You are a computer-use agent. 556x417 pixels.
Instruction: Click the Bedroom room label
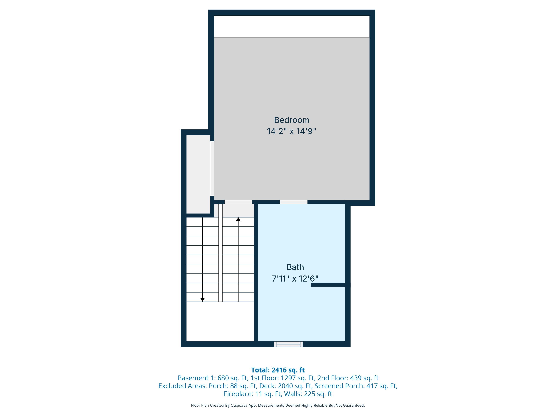click(x=292, y=120)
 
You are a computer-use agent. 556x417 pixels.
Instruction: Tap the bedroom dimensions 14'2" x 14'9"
click(x=292, y=131)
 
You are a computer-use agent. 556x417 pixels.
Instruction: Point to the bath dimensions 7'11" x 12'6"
click(x=295, y=279)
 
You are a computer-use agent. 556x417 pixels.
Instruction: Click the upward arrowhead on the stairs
click(x=238, y=219)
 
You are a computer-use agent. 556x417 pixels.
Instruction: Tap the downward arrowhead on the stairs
click(x=202, y=300)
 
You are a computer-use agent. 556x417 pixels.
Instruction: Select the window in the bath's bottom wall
click(x=288, y=344)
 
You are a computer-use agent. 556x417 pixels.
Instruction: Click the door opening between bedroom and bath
click(x=294, y=202)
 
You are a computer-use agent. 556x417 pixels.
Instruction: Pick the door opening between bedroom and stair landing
click(x=238, y=202)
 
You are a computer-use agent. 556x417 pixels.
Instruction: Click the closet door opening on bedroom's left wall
click(x=212, y=168)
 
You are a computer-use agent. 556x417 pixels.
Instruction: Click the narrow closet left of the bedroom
click(x=198, y=174)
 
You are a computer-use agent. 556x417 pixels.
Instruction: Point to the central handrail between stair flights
click(x=220, y=253)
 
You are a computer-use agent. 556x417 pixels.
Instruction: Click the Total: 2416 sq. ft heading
click(x=278, y=370)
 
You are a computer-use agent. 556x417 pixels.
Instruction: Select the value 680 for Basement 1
click(x=223, y=378)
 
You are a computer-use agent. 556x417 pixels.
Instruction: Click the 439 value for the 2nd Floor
click(x=356, y=378)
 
